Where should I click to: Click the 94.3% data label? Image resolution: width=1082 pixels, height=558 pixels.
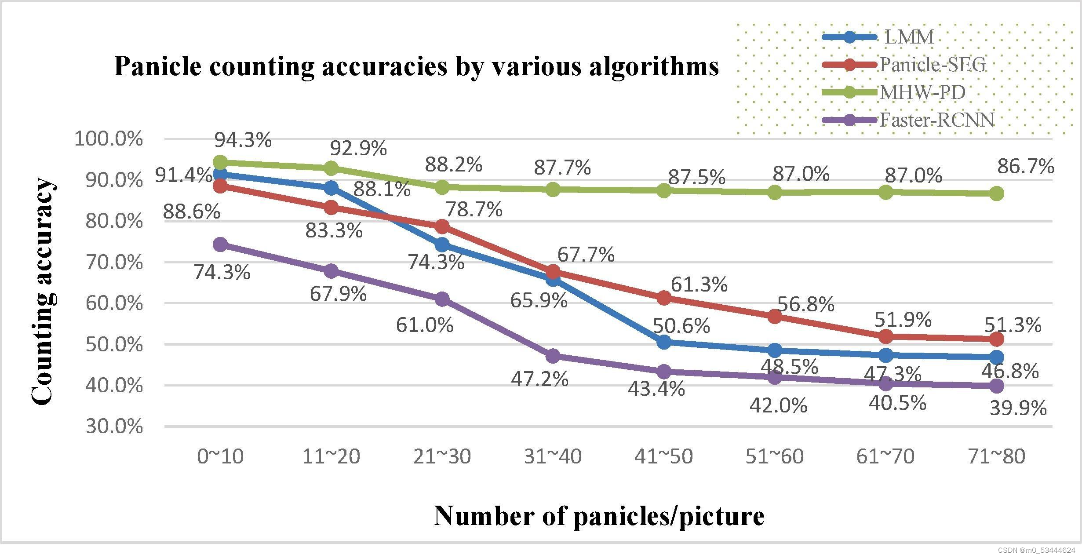click(243, 140)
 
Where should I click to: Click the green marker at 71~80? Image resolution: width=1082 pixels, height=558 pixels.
click(997, 193)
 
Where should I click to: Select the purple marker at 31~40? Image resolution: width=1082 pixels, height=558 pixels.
click(553, 355)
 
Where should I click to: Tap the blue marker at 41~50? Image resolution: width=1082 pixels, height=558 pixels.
click(664, 342)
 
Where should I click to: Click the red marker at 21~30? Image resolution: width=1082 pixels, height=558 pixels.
click(442, 226)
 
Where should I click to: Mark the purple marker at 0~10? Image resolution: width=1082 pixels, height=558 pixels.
click(221, 244)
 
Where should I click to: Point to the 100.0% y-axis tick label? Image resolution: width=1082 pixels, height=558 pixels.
click(109, 139)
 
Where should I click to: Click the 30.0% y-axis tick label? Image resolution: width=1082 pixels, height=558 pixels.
click(114, 427)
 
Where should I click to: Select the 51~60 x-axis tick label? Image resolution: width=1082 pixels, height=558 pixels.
click(775, 456)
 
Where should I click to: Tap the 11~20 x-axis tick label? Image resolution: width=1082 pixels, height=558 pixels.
click(331, 456)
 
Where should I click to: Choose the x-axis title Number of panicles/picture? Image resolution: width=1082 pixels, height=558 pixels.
click(599, 516)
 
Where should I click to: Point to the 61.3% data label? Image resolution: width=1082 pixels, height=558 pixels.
click(699, 284)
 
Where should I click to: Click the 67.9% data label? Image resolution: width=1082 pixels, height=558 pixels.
click(338, 294)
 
